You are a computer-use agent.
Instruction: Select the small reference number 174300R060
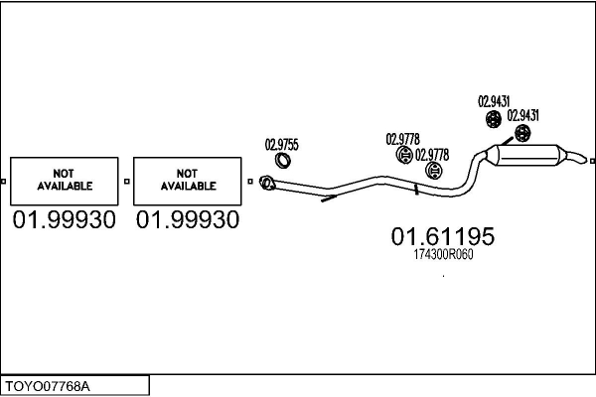pos(442,255)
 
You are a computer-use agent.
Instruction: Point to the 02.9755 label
pos(281,143)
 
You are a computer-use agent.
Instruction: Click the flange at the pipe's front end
pos(266,182)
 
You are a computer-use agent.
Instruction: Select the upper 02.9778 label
pos(401,138)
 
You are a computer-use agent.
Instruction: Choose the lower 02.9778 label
pos(431,154)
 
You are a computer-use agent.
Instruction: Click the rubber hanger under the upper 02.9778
pos(404,156)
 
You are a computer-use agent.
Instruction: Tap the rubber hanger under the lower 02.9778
pos(432,172)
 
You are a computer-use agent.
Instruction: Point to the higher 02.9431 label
pos(494,100)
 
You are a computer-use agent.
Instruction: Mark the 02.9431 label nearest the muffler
pos(523,115)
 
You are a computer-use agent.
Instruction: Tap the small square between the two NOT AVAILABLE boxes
pos(127,181)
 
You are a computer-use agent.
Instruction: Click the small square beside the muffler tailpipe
pos(592,161)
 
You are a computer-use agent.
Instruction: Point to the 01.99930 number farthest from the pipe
pos(65,219)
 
